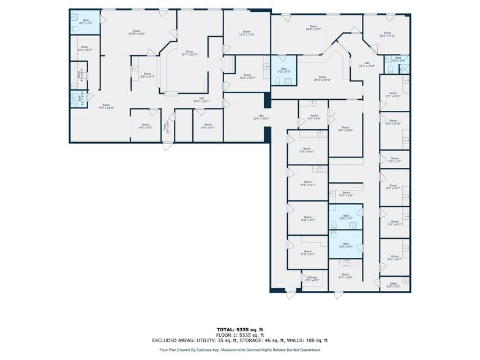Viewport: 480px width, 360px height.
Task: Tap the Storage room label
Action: tap(312, 279)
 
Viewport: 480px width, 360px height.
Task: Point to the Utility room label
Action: tap(393, 284)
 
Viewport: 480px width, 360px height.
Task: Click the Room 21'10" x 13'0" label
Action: tap(137, 32)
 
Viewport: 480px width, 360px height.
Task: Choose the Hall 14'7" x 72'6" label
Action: tap(367, 64)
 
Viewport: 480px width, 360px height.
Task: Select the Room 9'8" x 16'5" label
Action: tap(345, 129)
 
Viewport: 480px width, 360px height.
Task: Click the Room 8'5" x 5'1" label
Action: tap(394, 160)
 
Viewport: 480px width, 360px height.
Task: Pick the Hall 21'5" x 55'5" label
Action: tap(261, 117)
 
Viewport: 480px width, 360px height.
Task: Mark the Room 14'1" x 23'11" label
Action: tap(190, 53)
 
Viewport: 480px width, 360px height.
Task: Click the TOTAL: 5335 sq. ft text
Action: tap(240, 329)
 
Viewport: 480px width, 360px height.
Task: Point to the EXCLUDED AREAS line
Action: tap(240, 340)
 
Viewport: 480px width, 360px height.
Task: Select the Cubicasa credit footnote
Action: tap(240, 350)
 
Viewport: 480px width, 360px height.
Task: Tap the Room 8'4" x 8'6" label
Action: tap(314, 117)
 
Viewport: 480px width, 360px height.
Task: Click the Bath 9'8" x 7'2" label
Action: tap(345, 217)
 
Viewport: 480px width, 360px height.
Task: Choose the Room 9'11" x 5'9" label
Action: tap(346, 194)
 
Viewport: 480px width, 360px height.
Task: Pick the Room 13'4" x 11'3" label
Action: tap(387, 34)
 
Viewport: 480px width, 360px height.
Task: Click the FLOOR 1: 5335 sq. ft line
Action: tap(240, 335)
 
